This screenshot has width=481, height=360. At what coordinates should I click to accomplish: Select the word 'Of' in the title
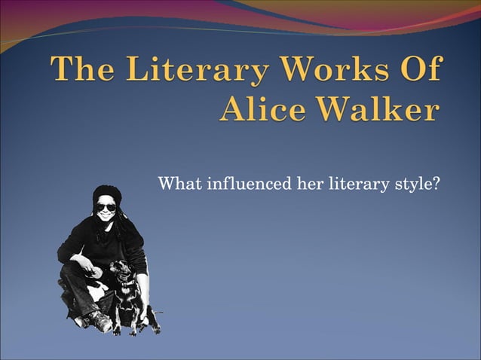(x=418, y=72)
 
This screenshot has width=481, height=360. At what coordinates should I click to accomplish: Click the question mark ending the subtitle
(x=436, y=184)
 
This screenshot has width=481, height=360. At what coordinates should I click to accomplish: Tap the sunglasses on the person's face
(x=106, y=207)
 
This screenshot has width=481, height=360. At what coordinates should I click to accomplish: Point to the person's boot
(x=99, y=322)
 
